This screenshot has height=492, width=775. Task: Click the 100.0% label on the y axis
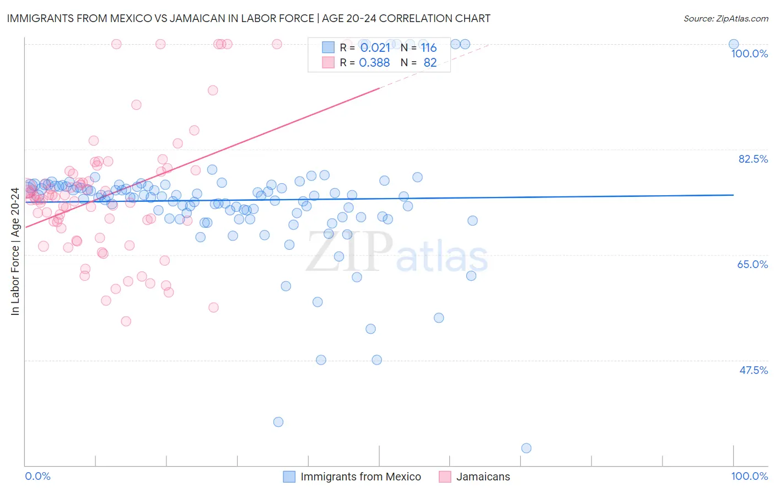tap(749, 54)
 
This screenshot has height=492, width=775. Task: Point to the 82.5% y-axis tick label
tap(753, 159)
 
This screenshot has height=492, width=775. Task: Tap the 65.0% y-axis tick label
tap(752, 264)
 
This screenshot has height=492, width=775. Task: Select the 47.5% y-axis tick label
tap(753, 370)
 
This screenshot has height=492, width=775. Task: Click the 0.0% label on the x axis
tap(37, 476)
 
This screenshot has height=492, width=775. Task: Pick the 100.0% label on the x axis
tap(749, 476)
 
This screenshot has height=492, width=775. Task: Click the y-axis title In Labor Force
tap(15, 252)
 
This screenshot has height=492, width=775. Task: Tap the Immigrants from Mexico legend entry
tap(360, 477)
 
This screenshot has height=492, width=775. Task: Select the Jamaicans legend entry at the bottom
tap(483, 477)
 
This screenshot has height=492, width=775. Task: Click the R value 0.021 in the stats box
tap(375, 48)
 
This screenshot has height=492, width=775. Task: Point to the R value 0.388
tap(374, 63)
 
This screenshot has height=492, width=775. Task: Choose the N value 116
tap(429, 48)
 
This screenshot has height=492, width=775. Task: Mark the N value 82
tap(430, 63)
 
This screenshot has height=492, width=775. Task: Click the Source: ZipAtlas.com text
tap(725, 19)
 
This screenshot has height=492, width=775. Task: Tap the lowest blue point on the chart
tap(526, 448)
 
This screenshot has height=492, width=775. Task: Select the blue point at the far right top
tap(734, 44)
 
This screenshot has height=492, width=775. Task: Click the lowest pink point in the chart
tap(126, 321)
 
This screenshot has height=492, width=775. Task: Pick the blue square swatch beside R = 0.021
tap(328, 47)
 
